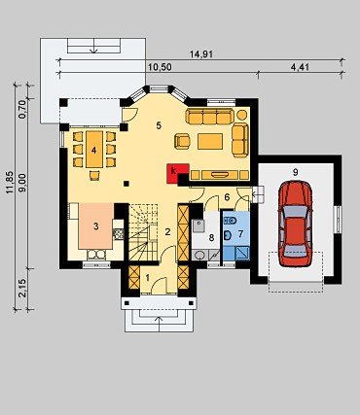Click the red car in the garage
coord(295,224)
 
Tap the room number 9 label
coord(295,172)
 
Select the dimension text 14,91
coord(201,54)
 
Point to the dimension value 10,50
coord(160,67)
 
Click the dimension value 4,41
coord(300,67)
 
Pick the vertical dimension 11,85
coord(10,183)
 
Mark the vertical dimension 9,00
coord(22,183)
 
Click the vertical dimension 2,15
coord(22,289)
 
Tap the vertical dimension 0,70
coord(22,110)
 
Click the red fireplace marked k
coord(175,172)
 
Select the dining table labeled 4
coord(94,150)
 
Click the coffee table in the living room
coord(210,141)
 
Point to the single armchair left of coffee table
coord(182,141)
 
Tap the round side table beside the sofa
coord(242,115)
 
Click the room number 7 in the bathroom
coord(240,234)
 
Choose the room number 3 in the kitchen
coord(95,226)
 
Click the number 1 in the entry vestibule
coord(148,278)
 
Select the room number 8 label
coord(211,238)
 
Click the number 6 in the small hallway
coord(227,197)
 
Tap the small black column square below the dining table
coord(126,184)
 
